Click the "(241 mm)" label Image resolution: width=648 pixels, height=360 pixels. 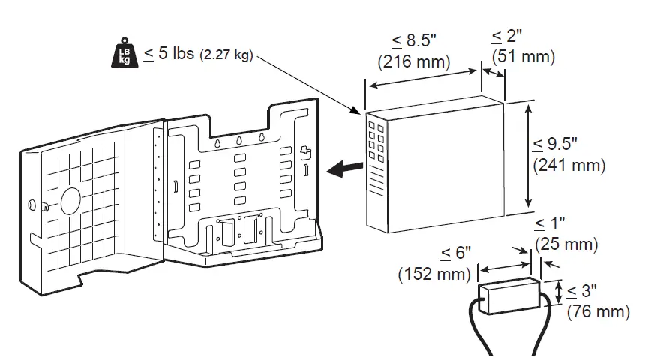[568, 164]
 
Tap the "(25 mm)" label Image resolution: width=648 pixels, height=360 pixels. [567, 244]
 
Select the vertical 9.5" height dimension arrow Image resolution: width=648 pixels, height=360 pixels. [529, 156]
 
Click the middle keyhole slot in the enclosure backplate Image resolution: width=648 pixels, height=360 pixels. [238, 140]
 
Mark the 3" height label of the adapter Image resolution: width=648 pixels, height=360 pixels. [580, 290]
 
